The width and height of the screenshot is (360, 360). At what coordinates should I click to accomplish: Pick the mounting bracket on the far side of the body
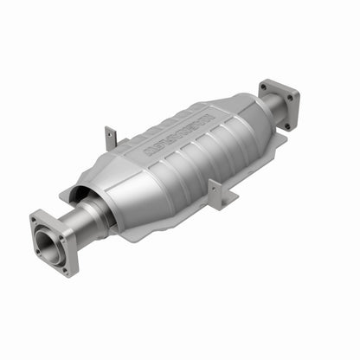pyautogui.click(x=111, y=138)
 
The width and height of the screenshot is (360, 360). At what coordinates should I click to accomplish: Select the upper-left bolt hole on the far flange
pyautogui.click(x=264, y=87)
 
